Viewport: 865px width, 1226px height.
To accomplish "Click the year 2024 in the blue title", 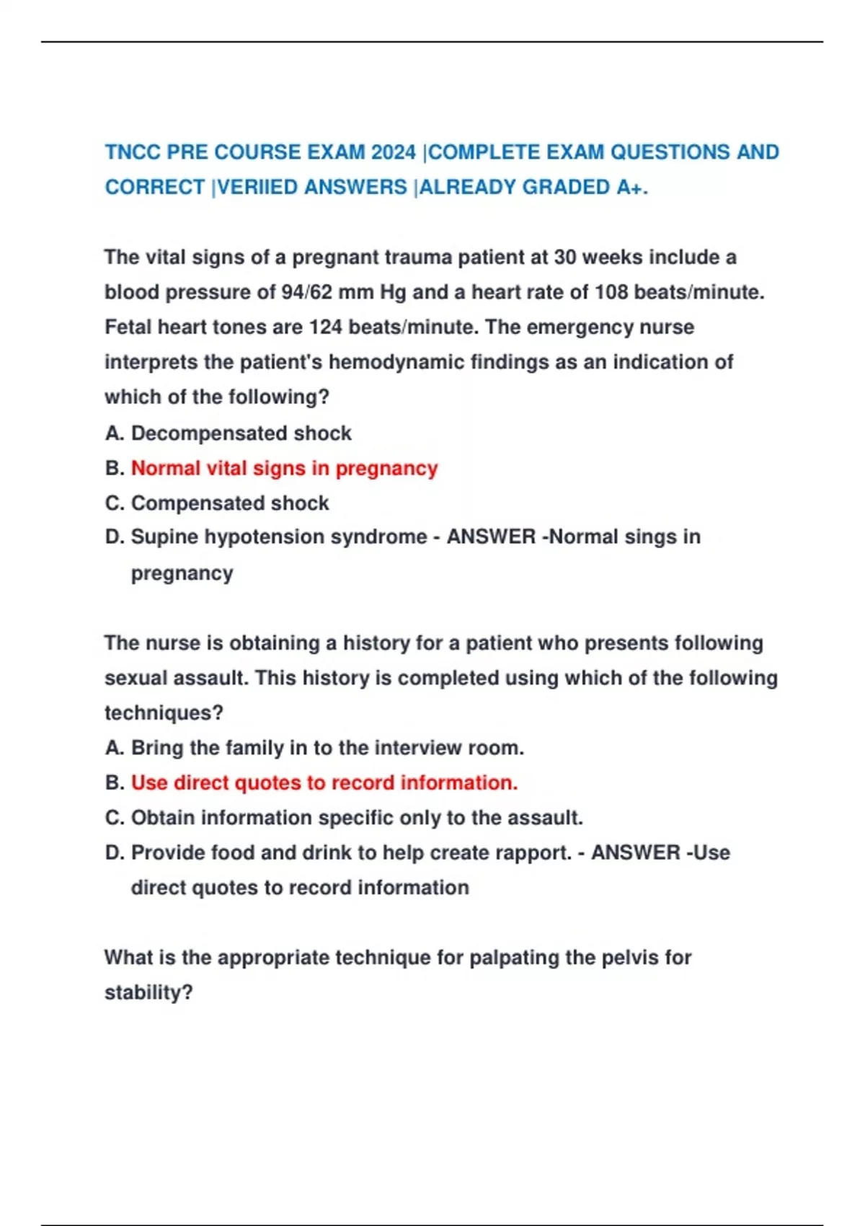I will pos(394,152).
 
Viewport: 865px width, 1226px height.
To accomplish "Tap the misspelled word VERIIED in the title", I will pos(257,188).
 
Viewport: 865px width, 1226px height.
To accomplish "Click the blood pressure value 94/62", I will pos(306,292).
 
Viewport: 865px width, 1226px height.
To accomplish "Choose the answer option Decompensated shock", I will pos(241,433).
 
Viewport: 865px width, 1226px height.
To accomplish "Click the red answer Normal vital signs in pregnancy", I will pos(284,468).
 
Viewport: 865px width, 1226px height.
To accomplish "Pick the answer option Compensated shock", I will pos(229,503).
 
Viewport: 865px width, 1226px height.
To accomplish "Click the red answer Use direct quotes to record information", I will pos(324,782).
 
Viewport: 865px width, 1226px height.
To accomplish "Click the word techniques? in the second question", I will pos(164,713).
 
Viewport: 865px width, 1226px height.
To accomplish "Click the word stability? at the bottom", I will pos(148,993).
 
